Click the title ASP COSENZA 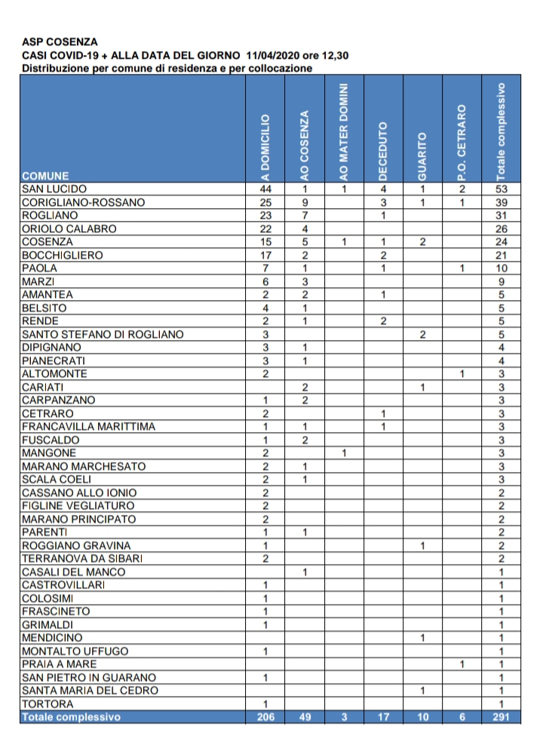pos(60,43)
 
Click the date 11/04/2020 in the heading pos(272,56)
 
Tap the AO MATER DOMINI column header pos(344,131)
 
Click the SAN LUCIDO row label pos(54,189)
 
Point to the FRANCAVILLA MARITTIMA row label pos(88,427)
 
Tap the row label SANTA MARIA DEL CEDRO pos(90,691)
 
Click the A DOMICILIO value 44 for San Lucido pos(265,189)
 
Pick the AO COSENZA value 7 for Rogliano pos(305,216)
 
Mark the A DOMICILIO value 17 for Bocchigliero pos(265,255)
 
